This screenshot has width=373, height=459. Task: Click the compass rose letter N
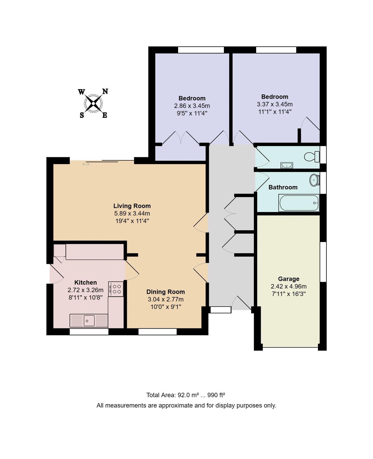pos(105,91)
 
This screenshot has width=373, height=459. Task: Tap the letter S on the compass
pos(82,115)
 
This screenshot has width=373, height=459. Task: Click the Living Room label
pos(132,206)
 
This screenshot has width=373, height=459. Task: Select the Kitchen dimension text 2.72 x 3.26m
pos(85,290)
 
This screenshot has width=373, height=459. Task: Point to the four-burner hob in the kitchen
pos(116,289)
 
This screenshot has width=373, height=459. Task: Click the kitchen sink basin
pos(89,321)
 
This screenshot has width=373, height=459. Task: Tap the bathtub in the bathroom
pos(299,203)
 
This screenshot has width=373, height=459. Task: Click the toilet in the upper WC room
pos(311,157)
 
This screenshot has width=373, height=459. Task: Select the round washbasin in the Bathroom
pos(314,180)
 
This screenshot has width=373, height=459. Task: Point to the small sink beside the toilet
pos(287,165)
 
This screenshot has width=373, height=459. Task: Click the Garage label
pos(288,279)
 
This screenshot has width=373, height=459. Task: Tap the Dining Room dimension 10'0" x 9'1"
pos(166,307)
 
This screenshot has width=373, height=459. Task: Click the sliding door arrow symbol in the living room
pos(86,164)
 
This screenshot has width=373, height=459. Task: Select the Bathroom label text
pos(283,187)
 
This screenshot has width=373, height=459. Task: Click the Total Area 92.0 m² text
pos(172,395)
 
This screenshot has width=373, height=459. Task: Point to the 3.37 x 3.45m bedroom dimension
pos(275,104)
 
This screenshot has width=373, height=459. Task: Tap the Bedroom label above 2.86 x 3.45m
pos(192,98)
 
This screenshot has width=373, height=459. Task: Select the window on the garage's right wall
pos(323,262)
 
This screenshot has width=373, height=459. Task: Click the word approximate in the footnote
pos(176,405)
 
